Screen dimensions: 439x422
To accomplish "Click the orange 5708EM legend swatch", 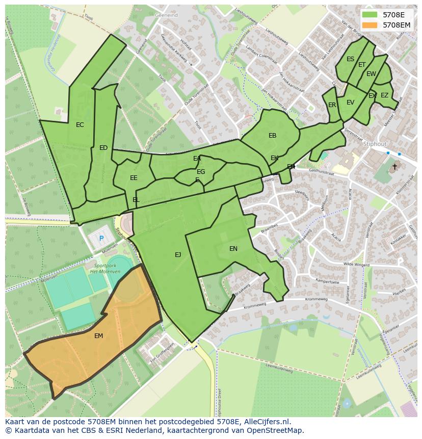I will click(x=371, y=24).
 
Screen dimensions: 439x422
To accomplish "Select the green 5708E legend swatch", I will click(x=371, y=15).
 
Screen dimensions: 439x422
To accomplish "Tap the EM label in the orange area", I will click(x=99, y=336).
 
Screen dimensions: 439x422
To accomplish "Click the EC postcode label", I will click(x=80, y=125).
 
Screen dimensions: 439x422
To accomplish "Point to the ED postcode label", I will click(x=103, y=148).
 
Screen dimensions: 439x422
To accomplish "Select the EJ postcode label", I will click(x=178, y=254).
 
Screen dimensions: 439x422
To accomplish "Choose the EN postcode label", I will click(x=233, y=249).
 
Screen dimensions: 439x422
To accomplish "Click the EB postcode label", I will click(x=273, y=136).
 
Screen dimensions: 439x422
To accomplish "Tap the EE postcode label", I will click(x=134, y=178).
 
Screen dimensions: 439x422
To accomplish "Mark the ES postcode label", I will click(x=350, y=59).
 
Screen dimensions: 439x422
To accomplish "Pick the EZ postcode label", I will click(x=384, y=95).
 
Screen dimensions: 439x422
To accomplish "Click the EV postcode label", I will click(x=350, y=102).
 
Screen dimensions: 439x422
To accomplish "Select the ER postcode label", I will click(x=332, y=105).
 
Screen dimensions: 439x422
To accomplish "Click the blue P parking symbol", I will click(x=101, y=238).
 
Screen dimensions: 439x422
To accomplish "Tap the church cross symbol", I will click(x=394, y=167).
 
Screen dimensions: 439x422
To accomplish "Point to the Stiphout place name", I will click(x=375, y=144).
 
